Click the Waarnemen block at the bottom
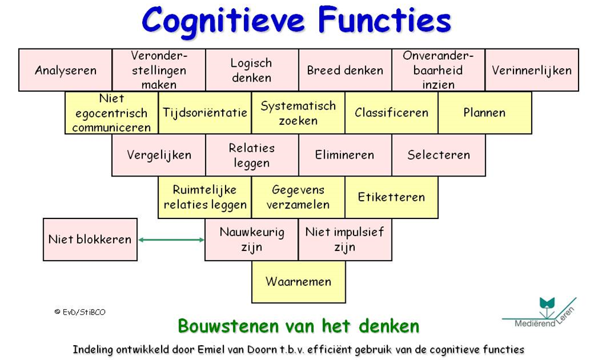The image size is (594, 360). (298, 282)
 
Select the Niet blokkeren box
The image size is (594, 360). (90, 239)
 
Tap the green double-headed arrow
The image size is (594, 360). (171, 240)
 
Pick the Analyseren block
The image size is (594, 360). (65, 70)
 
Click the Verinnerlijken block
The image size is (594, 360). (532, 70)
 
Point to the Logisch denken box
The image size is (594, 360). (252, 70)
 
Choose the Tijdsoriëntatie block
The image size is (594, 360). (205, 112)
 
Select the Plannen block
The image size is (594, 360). (484, 112)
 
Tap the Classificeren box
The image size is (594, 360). (391, 112)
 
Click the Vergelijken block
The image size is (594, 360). (159, 155)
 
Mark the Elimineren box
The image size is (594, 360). (345, 155)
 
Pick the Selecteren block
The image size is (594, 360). (438, 155)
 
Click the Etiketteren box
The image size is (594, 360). (391, 197)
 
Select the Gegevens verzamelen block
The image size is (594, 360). (298, 197)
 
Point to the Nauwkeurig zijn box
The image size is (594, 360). (252, 239)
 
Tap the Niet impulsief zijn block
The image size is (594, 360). (345, 239)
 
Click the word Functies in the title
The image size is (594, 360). (384, 21)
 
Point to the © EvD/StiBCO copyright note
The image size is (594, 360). (79, 312)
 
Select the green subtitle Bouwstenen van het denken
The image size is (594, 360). (298, 326)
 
